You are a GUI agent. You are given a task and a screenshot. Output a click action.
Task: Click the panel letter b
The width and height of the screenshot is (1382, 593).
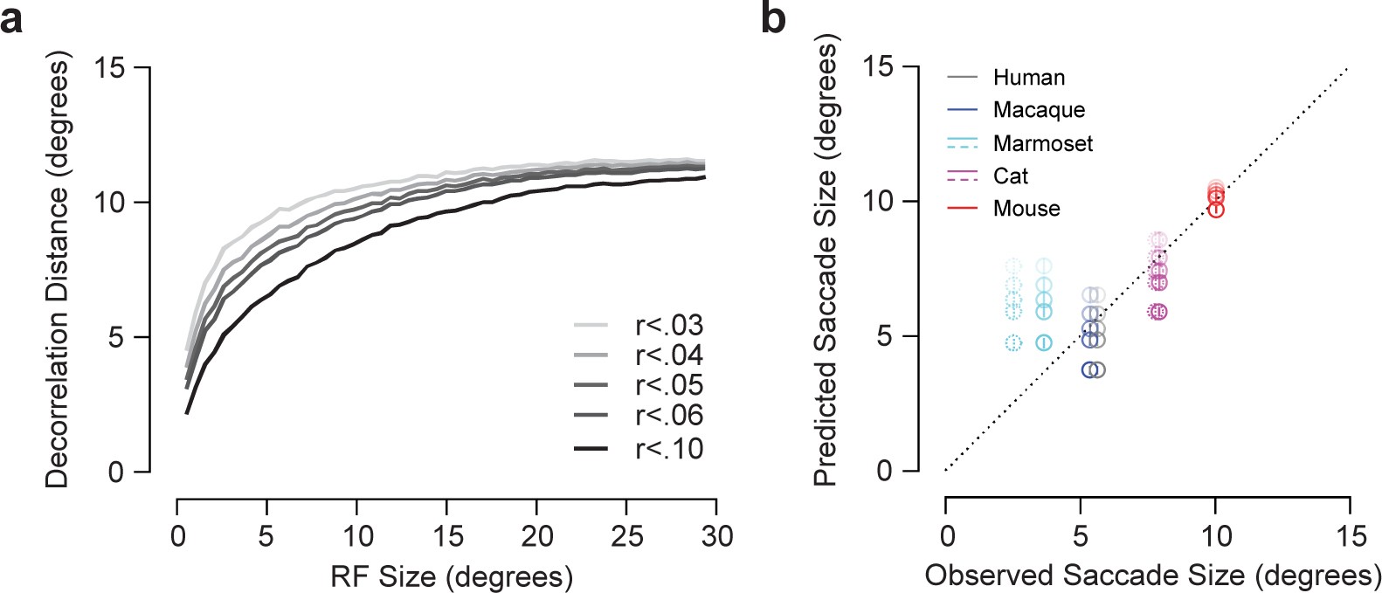tap(774, 18)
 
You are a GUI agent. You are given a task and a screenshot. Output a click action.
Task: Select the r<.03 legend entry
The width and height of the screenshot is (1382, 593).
tap(669, 326)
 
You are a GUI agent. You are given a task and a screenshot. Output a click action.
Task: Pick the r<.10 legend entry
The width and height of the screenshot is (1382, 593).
tap(669, 449)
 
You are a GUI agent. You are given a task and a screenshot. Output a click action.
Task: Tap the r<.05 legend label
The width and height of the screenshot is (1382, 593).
tap(669, 385)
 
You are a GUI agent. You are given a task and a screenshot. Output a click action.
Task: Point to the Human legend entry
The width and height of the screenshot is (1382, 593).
tap(1028, 78)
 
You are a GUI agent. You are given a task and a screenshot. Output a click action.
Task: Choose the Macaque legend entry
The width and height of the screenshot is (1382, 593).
tap(1039, 110)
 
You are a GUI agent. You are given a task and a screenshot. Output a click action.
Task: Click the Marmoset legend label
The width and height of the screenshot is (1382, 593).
tap(1042, 143)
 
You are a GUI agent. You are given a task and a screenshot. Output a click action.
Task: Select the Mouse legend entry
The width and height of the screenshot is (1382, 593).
tap(1026, 209)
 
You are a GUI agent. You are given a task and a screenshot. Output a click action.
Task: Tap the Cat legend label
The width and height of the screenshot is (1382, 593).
tap(1011, 176)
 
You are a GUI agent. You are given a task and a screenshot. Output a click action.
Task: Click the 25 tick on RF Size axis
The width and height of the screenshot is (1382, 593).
tap(627, 535)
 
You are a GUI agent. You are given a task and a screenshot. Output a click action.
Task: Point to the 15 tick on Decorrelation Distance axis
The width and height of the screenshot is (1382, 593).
tap(110, 67)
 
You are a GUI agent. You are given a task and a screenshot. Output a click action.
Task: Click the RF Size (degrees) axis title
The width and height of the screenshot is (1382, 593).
tap(452, 576)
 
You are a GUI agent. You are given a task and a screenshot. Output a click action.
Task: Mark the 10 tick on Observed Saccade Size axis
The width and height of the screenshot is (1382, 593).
tap(1215, 534)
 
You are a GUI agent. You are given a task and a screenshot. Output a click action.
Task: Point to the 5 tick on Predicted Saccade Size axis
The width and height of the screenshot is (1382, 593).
tap(884, 336)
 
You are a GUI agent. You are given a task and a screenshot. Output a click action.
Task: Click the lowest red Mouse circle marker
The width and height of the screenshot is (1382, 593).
tap(1215, 210)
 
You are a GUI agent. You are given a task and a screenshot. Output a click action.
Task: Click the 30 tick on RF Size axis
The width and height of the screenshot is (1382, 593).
tap(717, 535)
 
